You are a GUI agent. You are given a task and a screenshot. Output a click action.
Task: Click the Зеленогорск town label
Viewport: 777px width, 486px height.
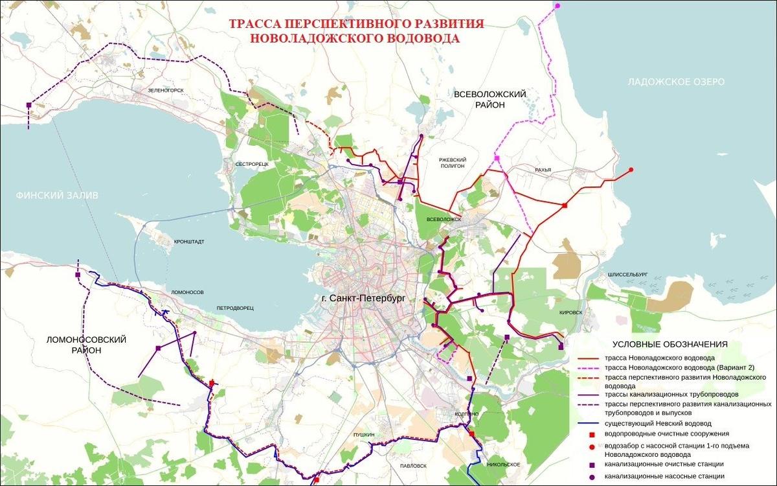pyautogui.click(x=166, y=90)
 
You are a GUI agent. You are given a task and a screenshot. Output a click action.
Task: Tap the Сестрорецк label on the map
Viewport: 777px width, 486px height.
pyautogui.click(x=253, y=165)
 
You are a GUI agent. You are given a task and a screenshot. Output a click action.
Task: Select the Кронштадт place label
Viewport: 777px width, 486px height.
pyautogui.click(x=189, y=241)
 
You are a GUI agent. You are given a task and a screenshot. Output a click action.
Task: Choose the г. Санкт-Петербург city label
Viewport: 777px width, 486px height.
pyautogui.click(x=363, y=299)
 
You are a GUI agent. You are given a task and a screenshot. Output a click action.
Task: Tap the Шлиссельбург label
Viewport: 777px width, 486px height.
pyautogui.click(x=627, y=275)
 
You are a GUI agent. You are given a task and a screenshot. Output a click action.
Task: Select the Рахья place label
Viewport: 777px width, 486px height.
pyautogui.click(x=543, y=170)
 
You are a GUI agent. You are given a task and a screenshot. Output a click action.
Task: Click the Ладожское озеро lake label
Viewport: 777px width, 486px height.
pyautogui.click(x=675, y=82)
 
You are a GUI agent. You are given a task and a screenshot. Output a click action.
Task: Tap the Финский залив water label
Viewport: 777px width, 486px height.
pyautogui.click(x=58, y=194)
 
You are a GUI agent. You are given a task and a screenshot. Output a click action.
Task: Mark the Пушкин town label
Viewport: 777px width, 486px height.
pyautogui.click(x=365, y=435)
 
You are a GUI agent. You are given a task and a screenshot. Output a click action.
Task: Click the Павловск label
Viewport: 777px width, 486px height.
pyautogui.click(x=413, y=465)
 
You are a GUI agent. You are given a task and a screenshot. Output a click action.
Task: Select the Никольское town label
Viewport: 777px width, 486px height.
pyautogui.click(x=504, y=464)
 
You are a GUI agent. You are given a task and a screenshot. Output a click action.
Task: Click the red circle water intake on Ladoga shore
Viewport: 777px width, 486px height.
pyautogui.click(x=631, y=170)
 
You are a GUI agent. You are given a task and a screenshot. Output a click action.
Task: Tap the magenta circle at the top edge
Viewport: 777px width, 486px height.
pyautogui.click(x=557, y=6)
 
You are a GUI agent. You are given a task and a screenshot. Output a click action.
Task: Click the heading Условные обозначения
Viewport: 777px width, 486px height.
pyautogui.click(x=670, y=343)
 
